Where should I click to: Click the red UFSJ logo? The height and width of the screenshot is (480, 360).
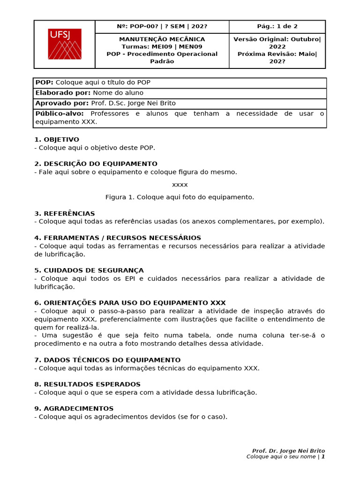pos(64,44)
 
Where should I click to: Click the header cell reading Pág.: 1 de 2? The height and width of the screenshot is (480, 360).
pos(277,27)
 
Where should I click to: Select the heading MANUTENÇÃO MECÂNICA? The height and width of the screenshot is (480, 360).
pos(162,39)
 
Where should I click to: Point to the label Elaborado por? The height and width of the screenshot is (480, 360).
pos(63,93)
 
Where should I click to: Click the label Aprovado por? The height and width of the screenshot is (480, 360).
pos(62,103)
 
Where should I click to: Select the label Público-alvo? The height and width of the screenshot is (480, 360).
pos(60,113)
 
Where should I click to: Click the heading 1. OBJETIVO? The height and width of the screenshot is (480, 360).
pos(57,139)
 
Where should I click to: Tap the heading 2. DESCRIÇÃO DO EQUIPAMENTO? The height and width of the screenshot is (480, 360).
pos(96,164)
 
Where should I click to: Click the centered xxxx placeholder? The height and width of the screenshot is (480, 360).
pos(180,185)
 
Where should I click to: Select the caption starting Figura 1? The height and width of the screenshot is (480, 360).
pos(180,197)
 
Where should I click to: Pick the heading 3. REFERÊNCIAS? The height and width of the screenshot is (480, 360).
pos(64,213)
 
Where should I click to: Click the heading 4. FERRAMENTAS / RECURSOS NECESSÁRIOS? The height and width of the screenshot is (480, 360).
pos(117,238)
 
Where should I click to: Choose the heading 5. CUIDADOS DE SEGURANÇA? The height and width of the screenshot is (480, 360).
pos(89,270)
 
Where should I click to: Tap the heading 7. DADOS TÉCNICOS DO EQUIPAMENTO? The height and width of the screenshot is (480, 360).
pos(107,360)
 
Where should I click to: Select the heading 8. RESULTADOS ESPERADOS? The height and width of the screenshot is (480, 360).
pos(87,384)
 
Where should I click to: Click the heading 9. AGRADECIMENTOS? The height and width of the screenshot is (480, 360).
pos(74,409)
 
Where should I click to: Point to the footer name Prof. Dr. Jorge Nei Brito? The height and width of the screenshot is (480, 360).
pos(288,450)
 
